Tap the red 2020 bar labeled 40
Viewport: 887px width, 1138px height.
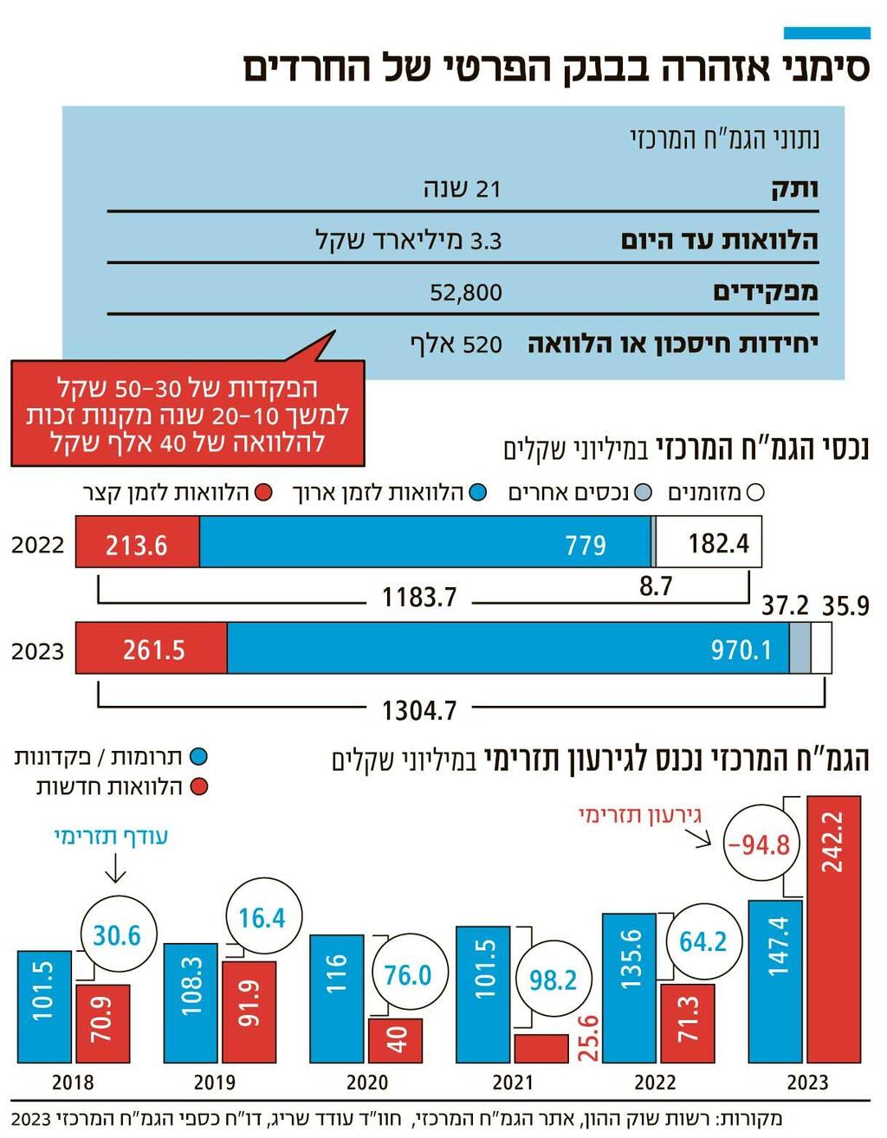(x=395, y=1040)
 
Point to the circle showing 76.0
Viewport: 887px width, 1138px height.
(x=408, y=975)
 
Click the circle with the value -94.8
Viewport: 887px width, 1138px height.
(x=760, y=844)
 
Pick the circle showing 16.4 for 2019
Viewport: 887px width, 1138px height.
(x=262, y=918)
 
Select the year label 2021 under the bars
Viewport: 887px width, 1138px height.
(x=513, y=1083)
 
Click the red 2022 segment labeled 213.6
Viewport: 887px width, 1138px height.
(x=137, y=543)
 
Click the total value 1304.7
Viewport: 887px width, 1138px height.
(x=419, y=710)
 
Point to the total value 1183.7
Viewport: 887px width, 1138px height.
(x=419, y=598)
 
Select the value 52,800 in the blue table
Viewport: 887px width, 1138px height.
(x=466, y=293)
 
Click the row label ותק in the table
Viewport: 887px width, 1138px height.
(x=794, y=189)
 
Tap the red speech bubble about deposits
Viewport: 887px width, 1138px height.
(x=187, y=414)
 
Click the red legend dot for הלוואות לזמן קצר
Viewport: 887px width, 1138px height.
(x=264, y=494)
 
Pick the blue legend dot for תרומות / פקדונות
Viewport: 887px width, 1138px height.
(x=199, y=757)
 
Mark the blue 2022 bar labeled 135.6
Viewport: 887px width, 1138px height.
(x=630, y=988)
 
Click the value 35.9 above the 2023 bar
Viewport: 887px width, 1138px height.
(x=845, y=605)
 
